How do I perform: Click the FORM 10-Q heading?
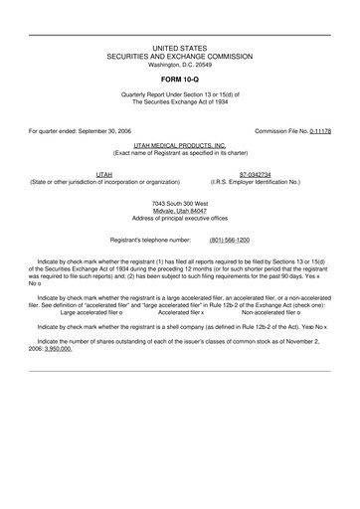coord(180,77)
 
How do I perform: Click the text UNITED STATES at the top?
coord(180,48)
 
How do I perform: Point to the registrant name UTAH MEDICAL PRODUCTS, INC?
coord(180,144)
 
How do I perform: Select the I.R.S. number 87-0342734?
coord(263,174)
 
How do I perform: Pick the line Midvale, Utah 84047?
coord(180,211)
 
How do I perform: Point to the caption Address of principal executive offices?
coord(180,219)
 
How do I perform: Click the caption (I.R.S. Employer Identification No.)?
coord(263,182)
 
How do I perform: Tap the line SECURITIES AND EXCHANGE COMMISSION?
coord(180,57)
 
